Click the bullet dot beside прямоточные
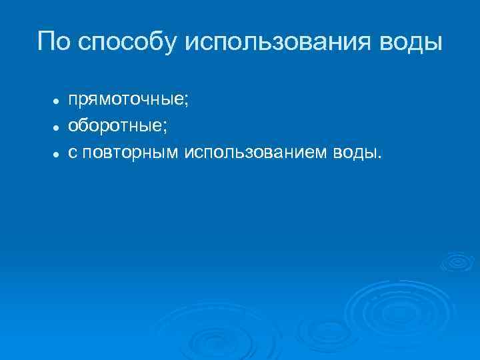click(x=58, y=99)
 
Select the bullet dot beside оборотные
click(x=58, y=125)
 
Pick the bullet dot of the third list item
click(x=58, y=153)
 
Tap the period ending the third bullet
click(x=382, y=157)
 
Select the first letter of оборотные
click(x=73, y=125)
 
